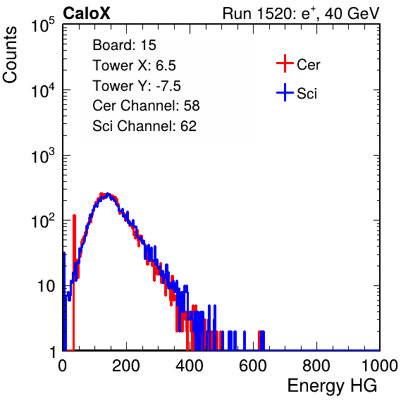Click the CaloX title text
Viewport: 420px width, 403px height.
(x=86, y=13)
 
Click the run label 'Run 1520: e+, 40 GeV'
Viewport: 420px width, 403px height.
(x=301, y=13)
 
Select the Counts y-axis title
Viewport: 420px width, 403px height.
(x=10, y=55)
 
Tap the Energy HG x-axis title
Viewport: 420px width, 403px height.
(x=332, y=385)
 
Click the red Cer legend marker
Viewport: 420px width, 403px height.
(x=285, y=63)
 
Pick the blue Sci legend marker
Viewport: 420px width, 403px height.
(x=285, y=92)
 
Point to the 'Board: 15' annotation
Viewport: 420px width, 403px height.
(x=124, y=45)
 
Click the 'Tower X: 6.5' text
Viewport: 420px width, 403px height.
(x=134, y=66)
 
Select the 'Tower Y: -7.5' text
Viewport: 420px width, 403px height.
(x=137, y=86)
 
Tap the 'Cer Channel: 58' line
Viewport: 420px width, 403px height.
(x=146, y=106)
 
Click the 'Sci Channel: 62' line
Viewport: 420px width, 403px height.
(x=144, y=126)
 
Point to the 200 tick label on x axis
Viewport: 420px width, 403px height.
(x=126, y=366)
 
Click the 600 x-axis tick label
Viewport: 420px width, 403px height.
(x=253, y=366)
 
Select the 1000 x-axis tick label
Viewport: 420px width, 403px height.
(x=380, y=366)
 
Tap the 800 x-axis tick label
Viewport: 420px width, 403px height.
(x=316, y=366)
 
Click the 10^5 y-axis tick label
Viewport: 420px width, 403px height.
(x=42, y=25)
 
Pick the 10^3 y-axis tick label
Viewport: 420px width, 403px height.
(x=42, y=156)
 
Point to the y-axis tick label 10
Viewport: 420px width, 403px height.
(x=46, y=286)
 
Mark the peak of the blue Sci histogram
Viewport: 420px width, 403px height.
(x=107, y=194)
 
